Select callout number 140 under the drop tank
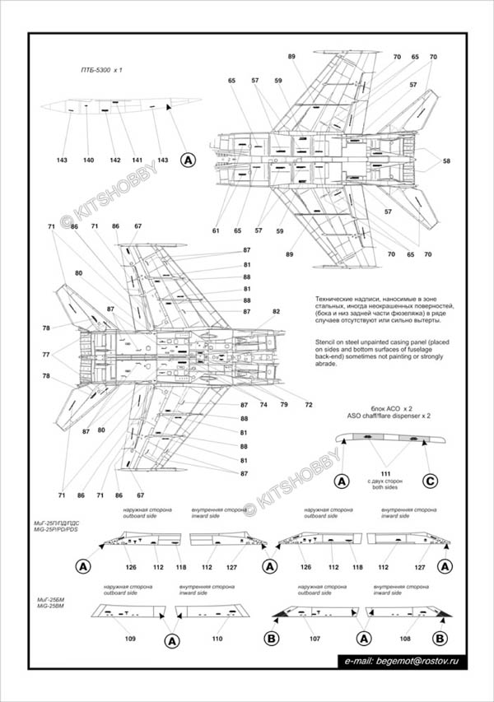pos(88,160)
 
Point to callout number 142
pos(115,160)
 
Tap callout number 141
pos(137,160)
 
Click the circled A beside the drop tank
pos(188,160)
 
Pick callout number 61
pos(216,231)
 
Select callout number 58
pos(447,160)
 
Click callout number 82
pos(277,311)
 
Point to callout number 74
pos(264,405)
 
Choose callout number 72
pos(308,405)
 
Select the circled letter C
pos(430,481)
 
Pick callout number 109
pos(129,639)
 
